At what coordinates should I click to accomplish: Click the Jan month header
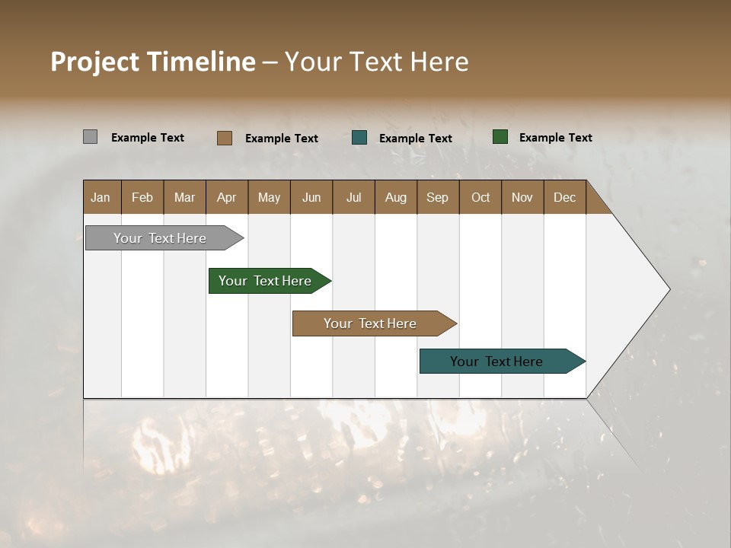(x=101, y=197)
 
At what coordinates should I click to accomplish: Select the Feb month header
(x=142, y=197)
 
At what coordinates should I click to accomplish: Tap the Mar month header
(x=184, y=197)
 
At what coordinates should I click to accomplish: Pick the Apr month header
(x=227, y=197)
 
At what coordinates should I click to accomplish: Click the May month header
(x=269, y=197)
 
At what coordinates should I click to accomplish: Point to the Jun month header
(x=311, y=197)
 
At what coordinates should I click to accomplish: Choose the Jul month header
(x=353, y=197)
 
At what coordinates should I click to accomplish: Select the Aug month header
(x=396, y=197)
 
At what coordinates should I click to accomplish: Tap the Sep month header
(x=438, y=197)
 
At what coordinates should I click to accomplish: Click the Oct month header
(x=480, y=197)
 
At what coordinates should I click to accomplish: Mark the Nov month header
(x=522, y=197)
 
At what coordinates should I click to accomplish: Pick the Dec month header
(x=565, y=197)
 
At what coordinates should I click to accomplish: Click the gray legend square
(x=90, y=137)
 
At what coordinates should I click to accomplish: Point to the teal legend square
(x=359, y=138)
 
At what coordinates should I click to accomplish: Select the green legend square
(x=500, y=137)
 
